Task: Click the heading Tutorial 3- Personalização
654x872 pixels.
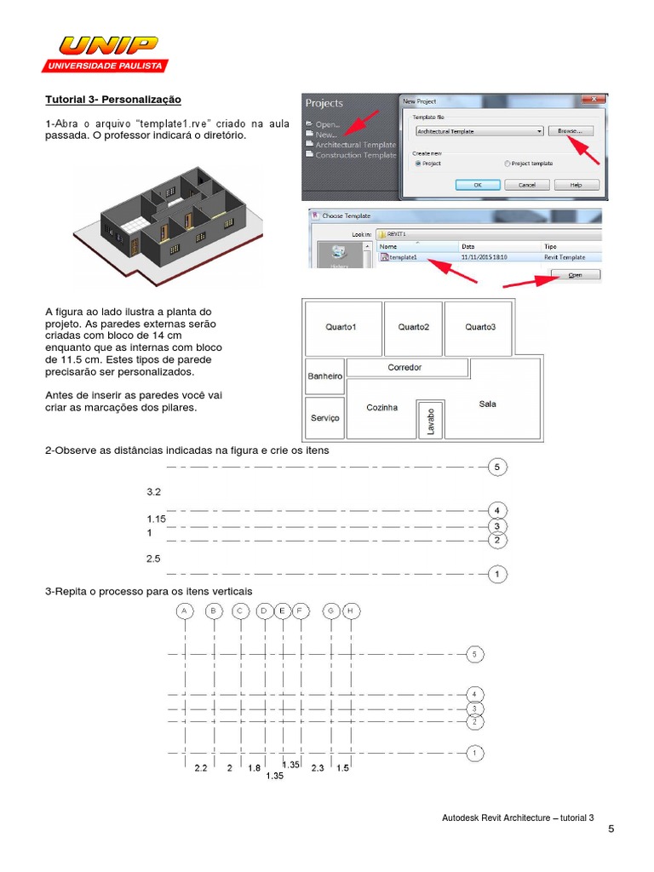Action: coord(113,100)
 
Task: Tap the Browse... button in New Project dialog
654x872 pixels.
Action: coord(570,131)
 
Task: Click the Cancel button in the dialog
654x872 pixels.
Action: coord(526,184)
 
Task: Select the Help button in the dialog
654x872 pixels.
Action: coord(576,184)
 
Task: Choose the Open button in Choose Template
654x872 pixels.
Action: coord(576,275)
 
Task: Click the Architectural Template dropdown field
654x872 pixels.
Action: coord(479,131)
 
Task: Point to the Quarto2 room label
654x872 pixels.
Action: coord(413,327)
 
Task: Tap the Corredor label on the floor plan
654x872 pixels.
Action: coord(405,368)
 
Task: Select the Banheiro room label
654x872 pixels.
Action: coord(324,376)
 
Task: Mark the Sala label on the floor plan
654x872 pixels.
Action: coord(487,404)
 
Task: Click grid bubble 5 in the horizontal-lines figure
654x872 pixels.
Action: coord(497,467)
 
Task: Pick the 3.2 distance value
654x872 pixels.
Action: coord(154,492)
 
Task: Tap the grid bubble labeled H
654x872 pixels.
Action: coord(351,611)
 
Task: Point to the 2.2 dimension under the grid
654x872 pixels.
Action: coord(201,768)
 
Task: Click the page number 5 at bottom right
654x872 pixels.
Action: coord(611,829)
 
